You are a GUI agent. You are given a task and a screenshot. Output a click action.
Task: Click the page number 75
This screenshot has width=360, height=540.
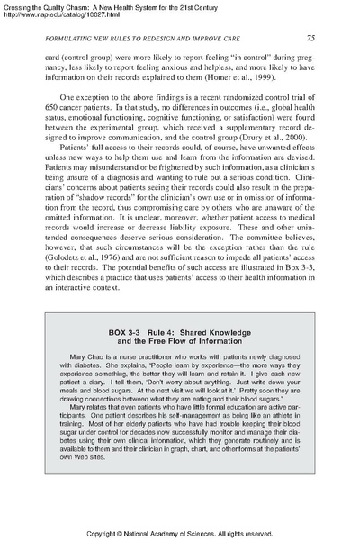(309, 38)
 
